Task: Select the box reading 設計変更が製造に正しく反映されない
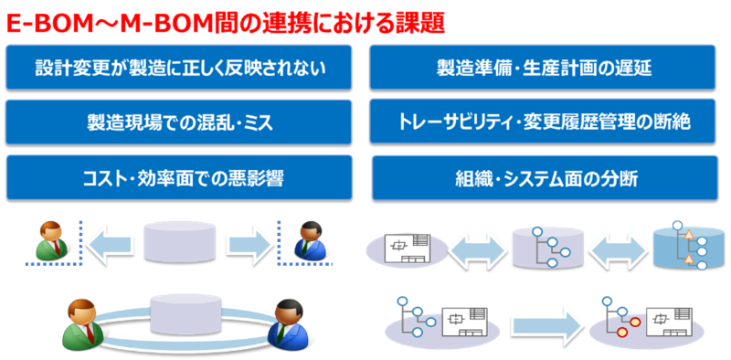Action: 180,68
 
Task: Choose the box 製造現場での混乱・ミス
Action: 180,122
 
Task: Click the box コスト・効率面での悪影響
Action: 180,177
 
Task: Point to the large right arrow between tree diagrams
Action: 546,323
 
